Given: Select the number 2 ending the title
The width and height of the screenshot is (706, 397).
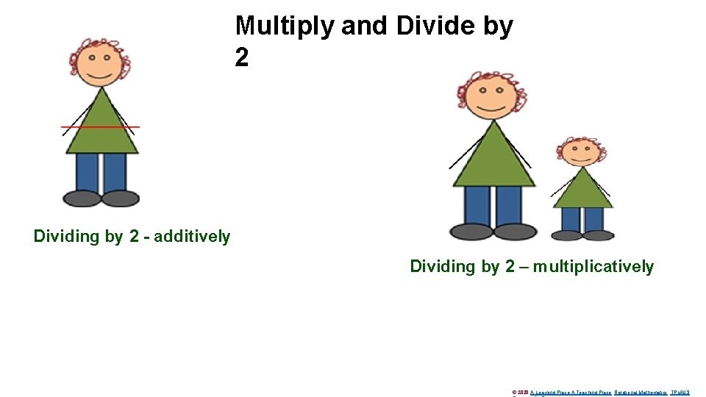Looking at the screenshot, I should pos(242,58).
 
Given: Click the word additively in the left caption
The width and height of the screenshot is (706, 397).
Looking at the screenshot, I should pos(192,237).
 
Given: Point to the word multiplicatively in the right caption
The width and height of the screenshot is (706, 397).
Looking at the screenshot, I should pos(594,267).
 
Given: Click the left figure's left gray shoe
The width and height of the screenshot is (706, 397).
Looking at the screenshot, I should pos(82,198).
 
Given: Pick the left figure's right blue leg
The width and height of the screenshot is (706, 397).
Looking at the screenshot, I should pos(115,172).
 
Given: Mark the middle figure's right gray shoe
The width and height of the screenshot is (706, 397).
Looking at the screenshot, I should pos(515,232).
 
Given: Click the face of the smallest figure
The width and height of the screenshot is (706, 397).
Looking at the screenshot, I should pos(582,152).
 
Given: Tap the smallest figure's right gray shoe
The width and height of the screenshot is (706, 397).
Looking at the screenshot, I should pos(599,235).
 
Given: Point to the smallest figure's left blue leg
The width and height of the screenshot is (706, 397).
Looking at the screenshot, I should pos(571,219).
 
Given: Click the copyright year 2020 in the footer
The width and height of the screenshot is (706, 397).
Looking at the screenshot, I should pos(524,393).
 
